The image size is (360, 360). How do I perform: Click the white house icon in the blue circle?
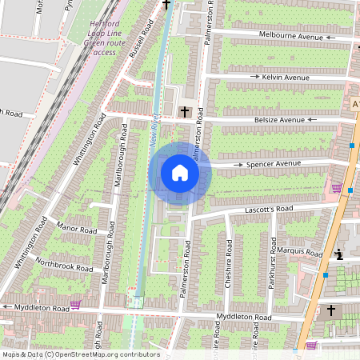[180, 173]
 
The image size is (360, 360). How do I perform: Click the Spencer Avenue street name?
[274, 163]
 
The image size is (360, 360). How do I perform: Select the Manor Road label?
[77, 230]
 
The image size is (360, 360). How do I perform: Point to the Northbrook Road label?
[65, 262]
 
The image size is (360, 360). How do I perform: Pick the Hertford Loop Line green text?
[104, 38]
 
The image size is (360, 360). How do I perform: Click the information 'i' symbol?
[339, 255]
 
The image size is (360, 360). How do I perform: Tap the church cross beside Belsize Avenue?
[186, 111]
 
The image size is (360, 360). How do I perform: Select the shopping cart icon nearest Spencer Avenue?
[337, 189]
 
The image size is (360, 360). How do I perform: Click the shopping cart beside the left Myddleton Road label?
[75, 305]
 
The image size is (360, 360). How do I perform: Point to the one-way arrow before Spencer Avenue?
[238, 164]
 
